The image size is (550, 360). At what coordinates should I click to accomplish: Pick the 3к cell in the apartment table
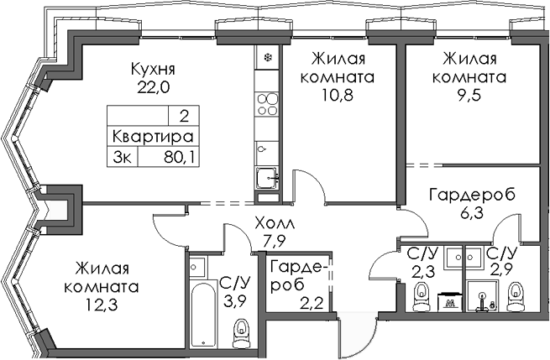[123, 154]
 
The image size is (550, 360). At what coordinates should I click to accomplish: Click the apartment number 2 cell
[182, 117]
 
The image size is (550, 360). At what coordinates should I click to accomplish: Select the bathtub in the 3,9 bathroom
[202, 315]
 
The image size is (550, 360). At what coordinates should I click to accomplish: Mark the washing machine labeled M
[451, 301]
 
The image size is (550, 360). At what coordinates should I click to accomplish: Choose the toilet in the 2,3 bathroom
[422, 294]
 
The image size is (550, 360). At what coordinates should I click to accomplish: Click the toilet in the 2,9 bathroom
[515, 294]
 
